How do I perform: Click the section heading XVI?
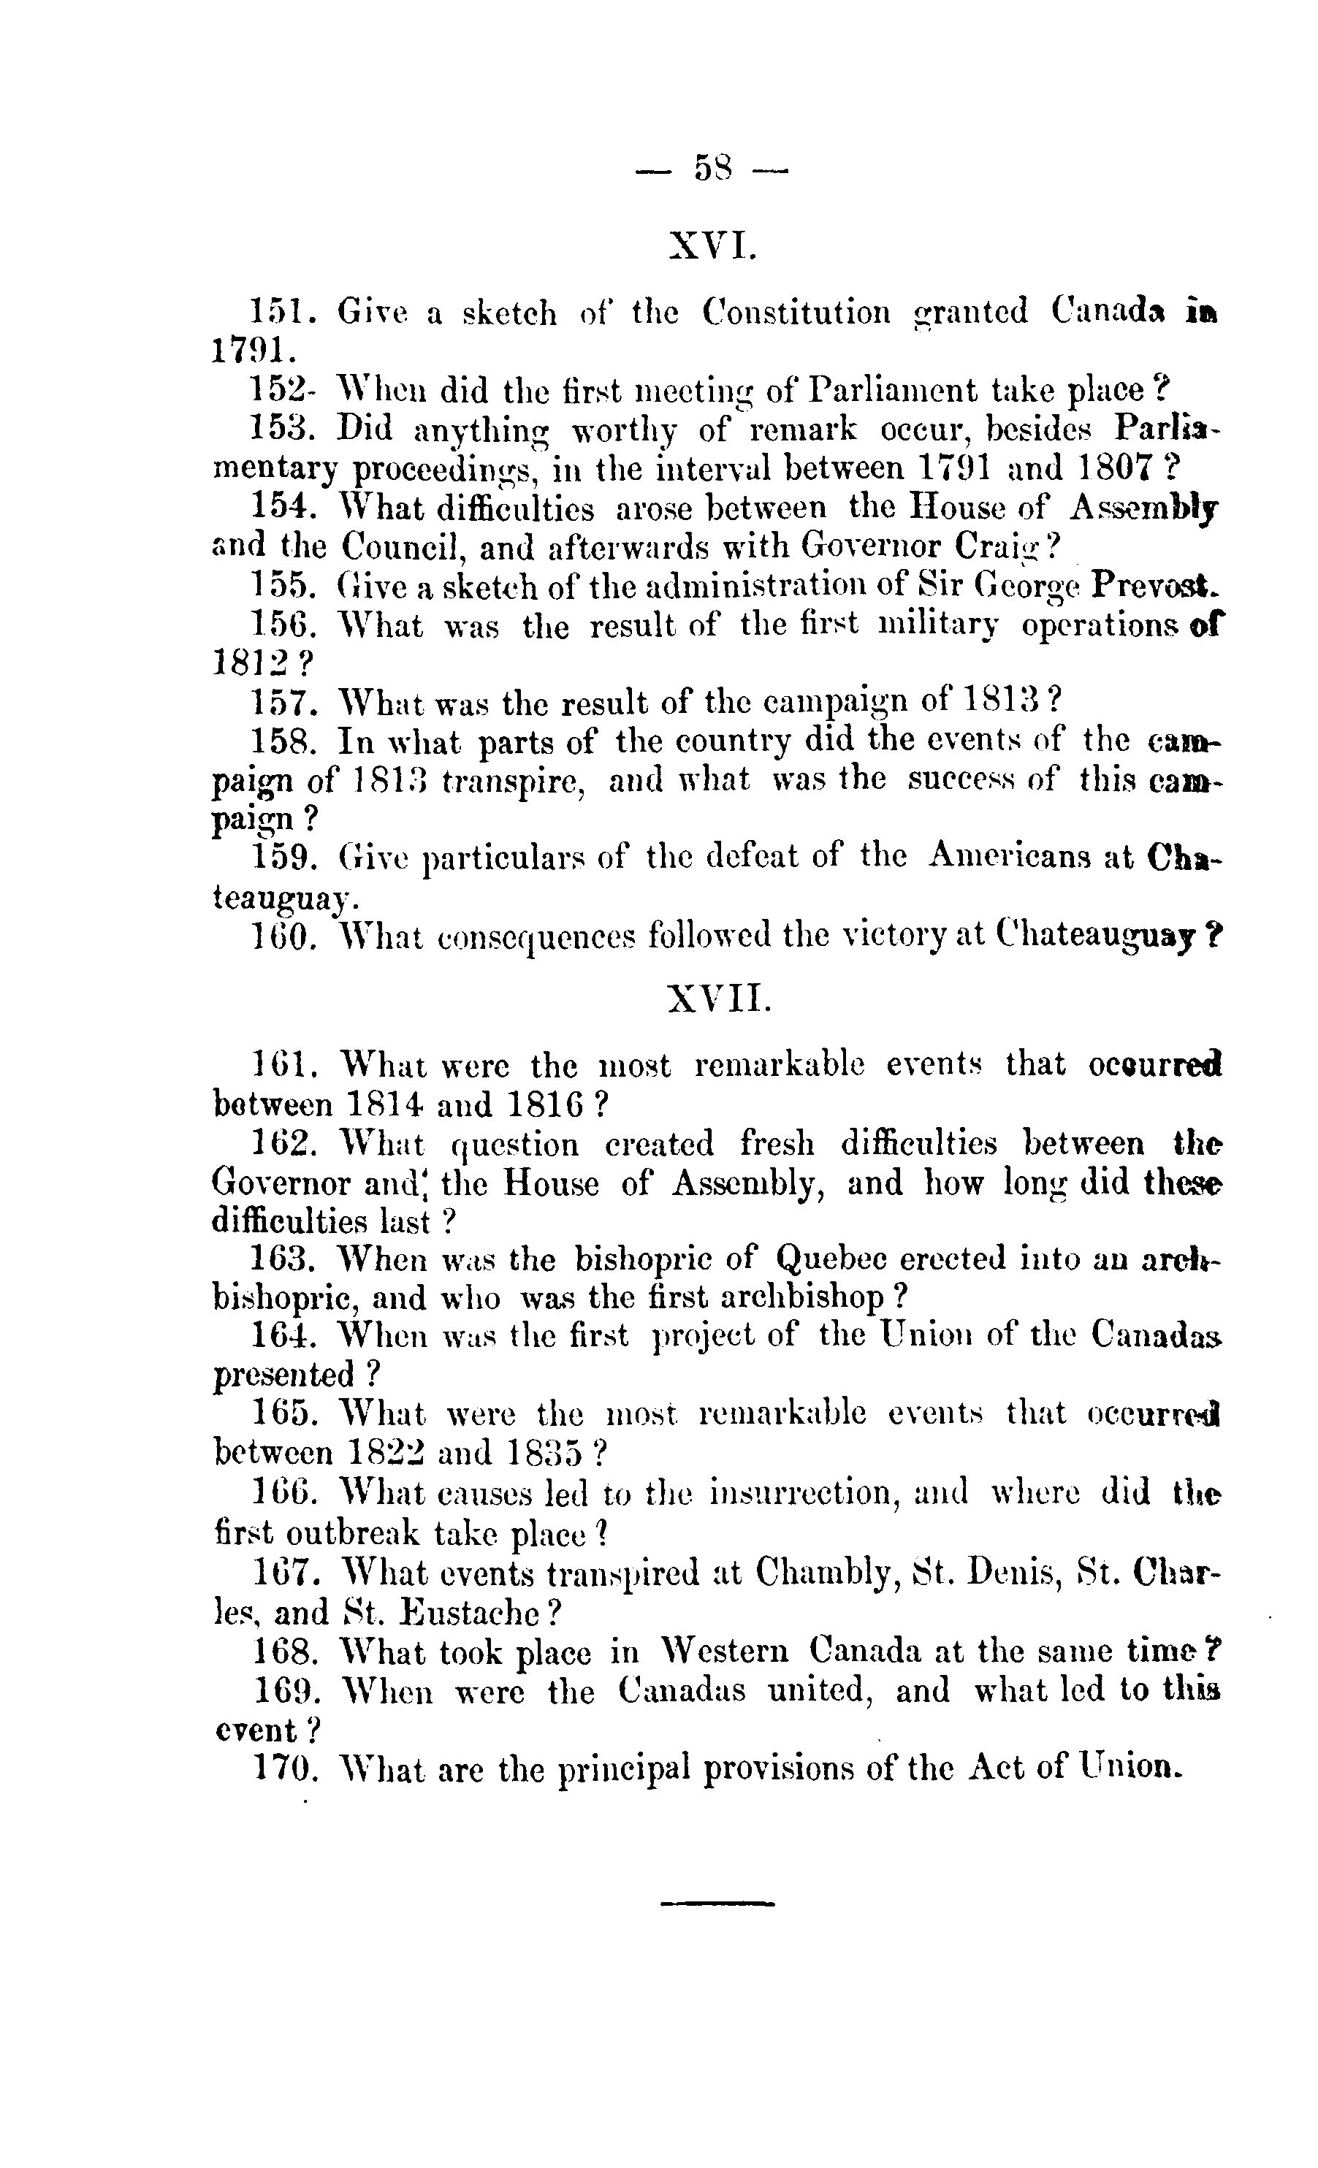712,246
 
